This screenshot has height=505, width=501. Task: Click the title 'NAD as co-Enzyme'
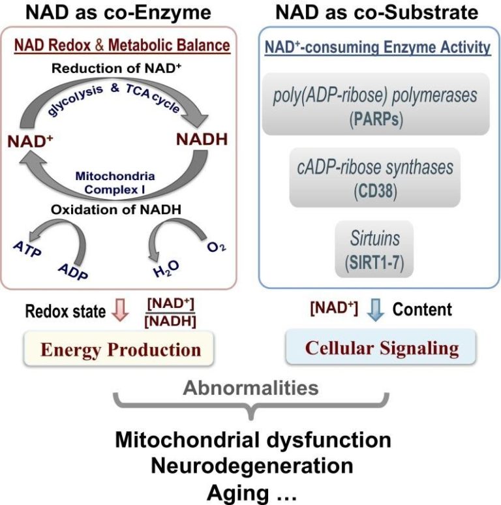coord(119,13)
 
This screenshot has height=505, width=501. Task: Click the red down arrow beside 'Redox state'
coord(118,311)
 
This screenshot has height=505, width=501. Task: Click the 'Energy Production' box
coord(121,349)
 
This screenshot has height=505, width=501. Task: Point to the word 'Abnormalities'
coord(250,389)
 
